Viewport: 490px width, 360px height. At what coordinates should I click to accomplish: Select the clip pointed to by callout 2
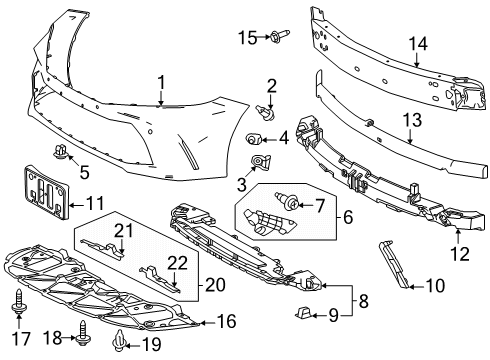click(x=266, y=113)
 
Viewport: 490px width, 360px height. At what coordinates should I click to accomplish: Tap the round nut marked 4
click(x=252, y=138)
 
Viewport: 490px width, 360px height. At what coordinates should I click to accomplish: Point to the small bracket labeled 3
click(x=260, y=162)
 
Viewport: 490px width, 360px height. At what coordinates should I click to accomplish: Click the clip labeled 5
click(x=60, y=152)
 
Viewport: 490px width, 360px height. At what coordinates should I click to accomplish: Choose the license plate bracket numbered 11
click(x=47, y=193)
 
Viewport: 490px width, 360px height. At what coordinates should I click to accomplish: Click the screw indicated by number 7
click(x=286, y=201)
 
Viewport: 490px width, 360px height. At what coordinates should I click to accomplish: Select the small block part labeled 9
click(x=304, y=312)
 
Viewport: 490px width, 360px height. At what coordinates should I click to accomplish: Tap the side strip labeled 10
click(x=394, y=265)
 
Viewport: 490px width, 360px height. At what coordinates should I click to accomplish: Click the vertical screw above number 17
click(x=19, y=301)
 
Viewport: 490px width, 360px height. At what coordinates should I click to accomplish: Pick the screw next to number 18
click(x=82, y=334)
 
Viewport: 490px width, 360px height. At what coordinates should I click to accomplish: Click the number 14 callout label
click(x=418, y=44)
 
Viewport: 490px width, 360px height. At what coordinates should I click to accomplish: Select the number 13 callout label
click(x=412, y=120)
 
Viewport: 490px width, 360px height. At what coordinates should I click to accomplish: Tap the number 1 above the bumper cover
click(x=161, y=83)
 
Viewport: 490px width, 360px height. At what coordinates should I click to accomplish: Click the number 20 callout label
click(x=215, y=285)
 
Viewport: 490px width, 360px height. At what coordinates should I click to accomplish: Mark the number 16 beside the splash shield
click(x=226, y=321)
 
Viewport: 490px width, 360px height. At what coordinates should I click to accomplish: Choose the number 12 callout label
click(x=460, y=254)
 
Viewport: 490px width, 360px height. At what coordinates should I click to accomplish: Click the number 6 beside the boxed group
click(x=347, y=217)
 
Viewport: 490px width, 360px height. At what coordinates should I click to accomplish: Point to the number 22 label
click(x=177, y=263)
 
